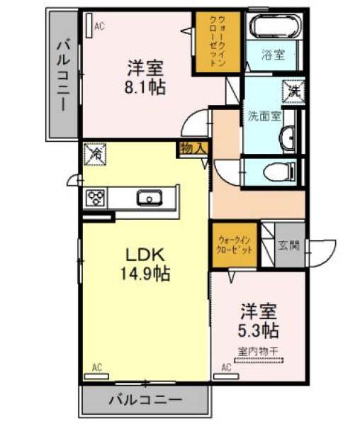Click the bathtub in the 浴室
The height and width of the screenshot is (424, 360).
275,26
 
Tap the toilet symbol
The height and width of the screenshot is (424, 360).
279,172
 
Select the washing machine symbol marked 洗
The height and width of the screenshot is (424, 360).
293,92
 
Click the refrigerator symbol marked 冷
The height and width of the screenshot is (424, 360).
94,154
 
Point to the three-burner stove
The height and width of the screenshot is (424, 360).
95,198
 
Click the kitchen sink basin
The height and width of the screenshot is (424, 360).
150,198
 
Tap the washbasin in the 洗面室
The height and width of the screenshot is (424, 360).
287,138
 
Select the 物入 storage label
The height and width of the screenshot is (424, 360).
193,149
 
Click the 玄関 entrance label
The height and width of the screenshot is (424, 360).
288,246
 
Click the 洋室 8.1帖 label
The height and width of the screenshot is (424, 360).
145,77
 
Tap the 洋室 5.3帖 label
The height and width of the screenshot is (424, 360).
259,320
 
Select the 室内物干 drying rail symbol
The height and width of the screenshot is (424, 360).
259,360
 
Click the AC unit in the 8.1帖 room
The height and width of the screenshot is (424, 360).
89,26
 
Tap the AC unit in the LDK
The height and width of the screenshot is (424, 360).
96,376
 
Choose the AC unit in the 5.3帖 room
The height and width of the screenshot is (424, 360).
226,376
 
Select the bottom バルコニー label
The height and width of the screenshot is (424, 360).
146,399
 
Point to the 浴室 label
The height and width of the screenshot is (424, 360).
274,55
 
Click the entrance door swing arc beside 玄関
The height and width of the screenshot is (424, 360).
325,253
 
